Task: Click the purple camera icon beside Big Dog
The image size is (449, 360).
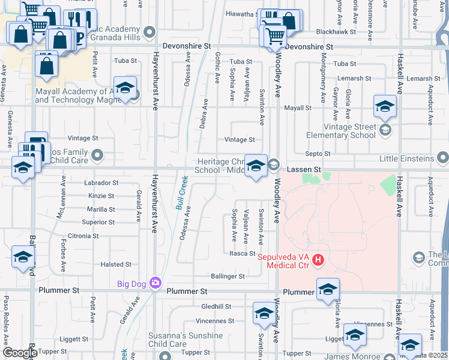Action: pos(156,282)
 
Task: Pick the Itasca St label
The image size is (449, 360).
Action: pos(243,253)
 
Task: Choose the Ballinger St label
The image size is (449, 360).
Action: pos(228,277)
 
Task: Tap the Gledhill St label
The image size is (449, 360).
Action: pos(217,306)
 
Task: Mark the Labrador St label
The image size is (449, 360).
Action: pos(102,182)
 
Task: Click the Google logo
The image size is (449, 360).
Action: pos(20,352)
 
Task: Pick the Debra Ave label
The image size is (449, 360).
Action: pos(205,113)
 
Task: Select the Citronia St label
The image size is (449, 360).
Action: pos(83,236)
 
